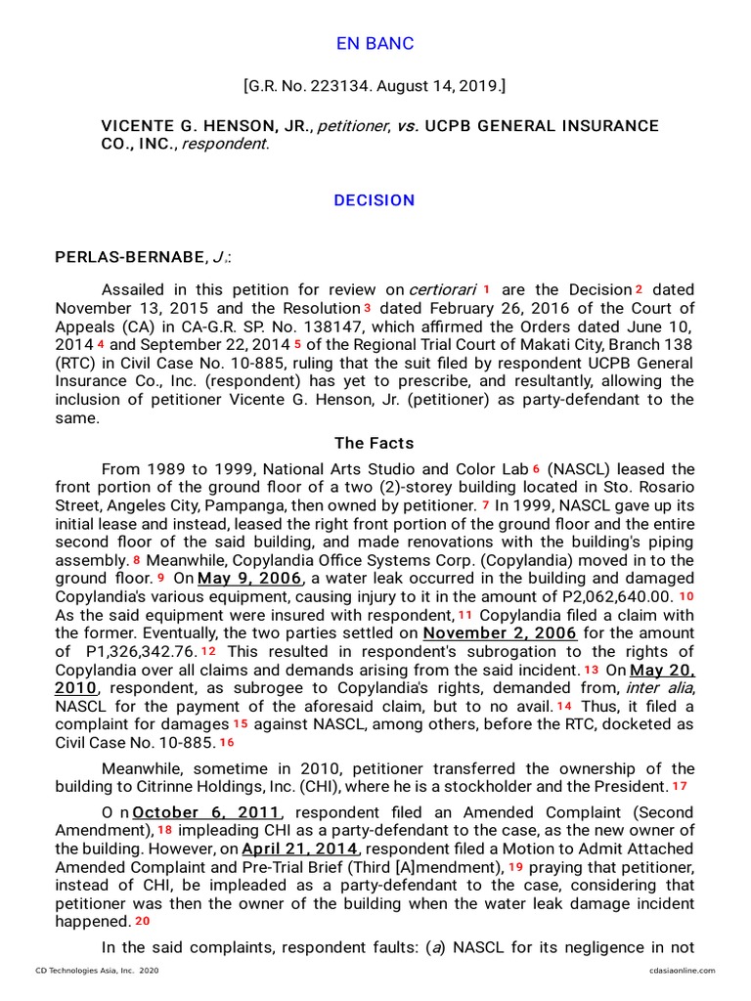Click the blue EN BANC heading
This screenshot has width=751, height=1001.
coord(375,44)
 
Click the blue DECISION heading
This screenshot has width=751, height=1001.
coord(375,200)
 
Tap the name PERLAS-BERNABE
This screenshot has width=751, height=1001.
coord(129,257)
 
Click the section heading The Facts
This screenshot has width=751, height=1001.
coord(375,443)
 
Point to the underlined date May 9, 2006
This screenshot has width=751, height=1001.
coord(235,578)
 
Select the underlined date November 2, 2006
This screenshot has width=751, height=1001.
coord(500,633)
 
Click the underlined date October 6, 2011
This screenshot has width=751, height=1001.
coord(207,813)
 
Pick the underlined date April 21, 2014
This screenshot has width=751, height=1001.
coord(300,849)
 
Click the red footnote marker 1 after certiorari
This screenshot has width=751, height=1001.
coord(486,289)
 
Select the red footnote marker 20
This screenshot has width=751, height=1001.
coord(143,921)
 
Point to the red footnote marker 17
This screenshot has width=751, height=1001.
coord(680,786)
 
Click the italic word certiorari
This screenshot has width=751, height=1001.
coord(442,290)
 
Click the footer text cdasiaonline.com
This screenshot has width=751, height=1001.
coord(682,971)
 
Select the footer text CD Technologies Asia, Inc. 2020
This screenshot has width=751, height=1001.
coord(97,971)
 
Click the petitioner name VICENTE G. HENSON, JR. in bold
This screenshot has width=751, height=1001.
coord(201,126)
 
